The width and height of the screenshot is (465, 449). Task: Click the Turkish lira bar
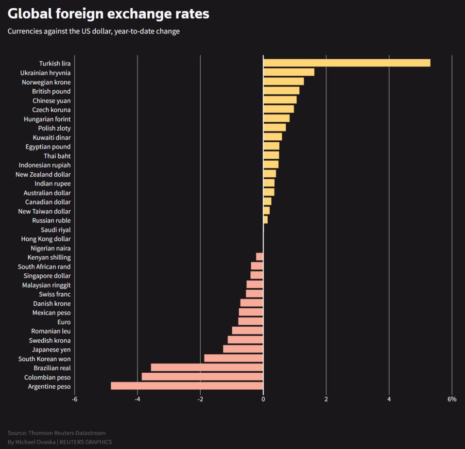pyautogui.click(x=346, y=63)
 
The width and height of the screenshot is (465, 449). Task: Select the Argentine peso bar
pyautogui.click(x=187, y=386)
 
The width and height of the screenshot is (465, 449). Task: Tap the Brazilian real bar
pyautogui.click(x=207, y=368)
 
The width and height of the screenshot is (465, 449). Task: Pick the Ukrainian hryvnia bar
pyautogui.click(x=289, y=72)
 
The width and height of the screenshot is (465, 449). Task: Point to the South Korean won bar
pyautogui.click(x=234, y=359)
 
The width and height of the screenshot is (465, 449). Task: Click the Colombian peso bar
pyautogui.click(x=202, y=377)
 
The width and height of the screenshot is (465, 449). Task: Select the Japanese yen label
pyautogui.click(x=51, y=349)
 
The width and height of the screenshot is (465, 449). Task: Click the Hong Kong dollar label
pyautogui.click(x=46, y=239)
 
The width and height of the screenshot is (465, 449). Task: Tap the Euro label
pyautogui.click(x=64, y=322)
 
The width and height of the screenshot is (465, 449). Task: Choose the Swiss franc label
pyautogui.click(x=54, y=294)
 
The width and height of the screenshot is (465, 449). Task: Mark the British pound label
pyautogui.click(x=51, y=91)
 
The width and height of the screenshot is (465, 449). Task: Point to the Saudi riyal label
pyautogui.click(x=55, y=230)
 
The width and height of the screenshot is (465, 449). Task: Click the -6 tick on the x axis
pyautogui.click(x=74, y=399)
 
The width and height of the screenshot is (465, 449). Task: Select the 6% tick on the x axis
pyautogui.click(x=451, y=399)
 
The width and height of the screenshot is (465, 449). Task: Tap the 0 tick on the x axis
pyautogui.click(x=263, y=399)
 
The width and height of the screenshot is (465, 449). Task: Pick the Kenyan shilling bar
pyautogui.click(x=259, y=257)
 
